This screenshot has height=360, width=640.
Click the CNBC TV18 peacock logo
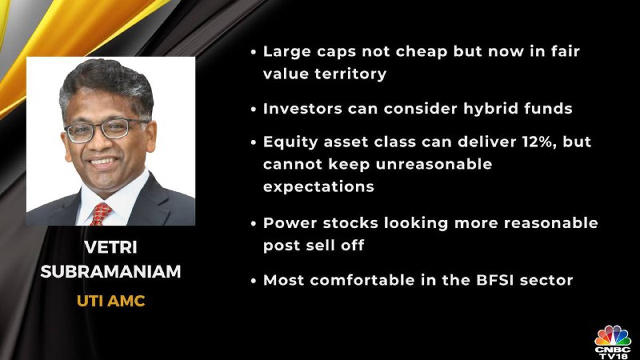(x=613, y=342)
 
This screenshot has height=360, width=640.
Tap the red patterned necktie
(x=101, y=214)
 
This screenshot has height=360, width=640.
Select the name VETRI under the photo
(x=110, y=247)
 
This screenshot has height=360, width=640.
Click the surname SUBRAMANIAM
(x=110, y=271)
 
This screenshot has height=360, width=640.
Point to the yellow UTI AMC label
(x=110, y=302)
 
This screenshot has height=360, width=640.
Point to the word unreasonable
(x=434, y=164)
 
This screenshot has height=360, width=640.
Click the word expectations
(x=318, y=187)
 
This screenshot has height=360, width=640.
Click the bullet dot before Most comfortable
(x=254, y=282)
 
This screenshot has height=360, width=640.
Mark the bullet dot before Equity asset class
(x=254, y=142)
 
